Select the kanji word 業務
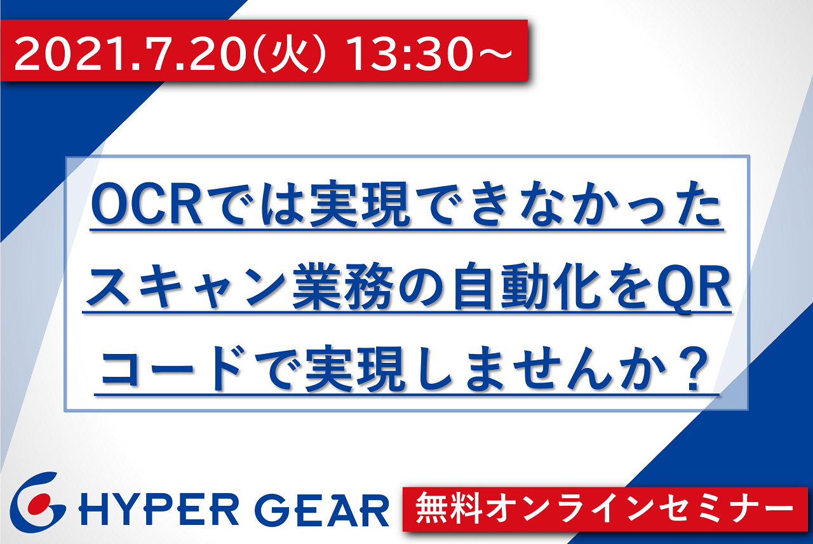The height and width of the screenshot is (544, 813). pos(344,287)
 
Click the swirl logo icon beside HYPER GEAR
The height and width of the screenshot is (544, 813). pos(37,502)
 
